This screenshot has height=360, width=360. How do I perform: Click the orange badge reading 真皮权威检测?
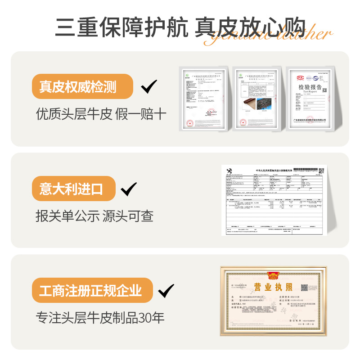click(83, 86)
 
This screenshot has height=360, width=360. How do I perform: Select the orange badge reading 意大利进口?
click(73, 189)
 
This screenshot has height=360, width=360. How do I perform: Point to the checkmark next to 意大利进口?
click(129, 189)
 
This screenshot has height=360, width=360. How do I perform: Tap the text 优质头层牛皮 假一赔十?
click(101, 114)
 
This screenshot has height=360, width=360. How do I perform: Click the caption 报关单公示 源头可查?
click(94, 216)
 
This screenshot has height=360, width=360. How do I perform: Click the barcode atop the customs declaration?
click(305, 171)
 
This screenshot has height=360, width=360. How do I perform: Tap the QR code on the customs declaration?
click(321, 171)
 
